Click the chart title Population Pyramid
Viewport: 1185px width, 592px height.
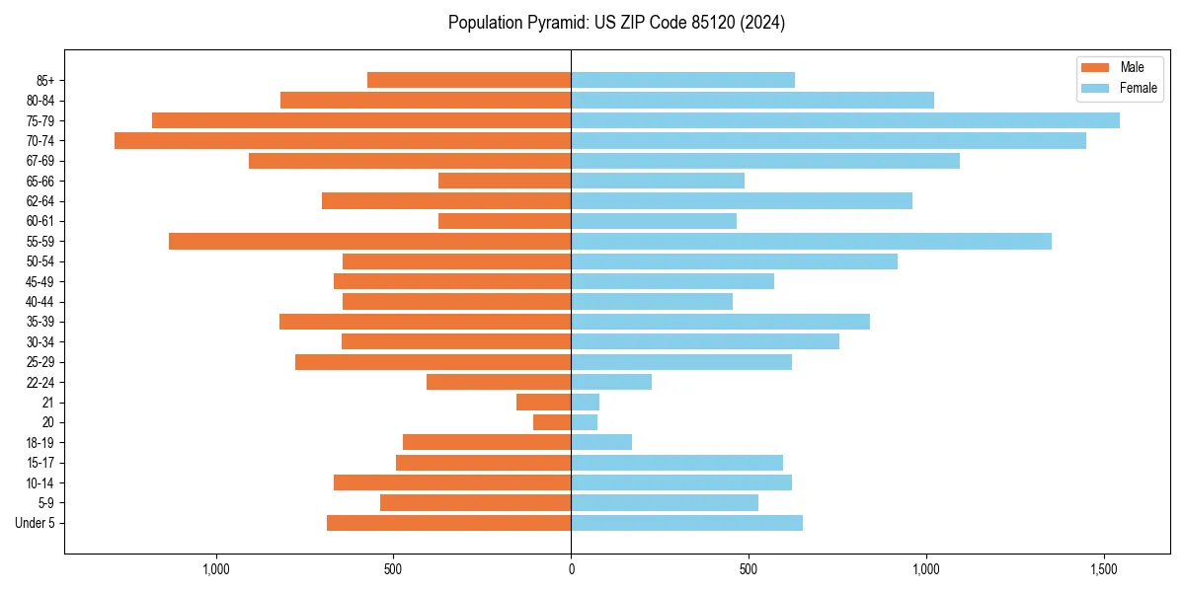click(616, 23)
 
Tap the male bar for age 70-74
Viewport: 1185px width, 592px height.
click(343, 141)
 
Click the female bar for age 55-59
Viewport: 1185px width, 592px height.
click(811, 242)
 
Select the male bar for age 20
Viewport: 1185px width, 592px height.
click(552, 422)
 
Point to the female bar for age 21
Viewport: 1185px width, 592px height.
click(586, 403)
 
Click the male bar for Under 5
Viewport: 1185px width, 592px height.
click(449, 523)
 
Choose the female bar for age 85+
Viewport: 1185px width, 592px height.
click(682, 80)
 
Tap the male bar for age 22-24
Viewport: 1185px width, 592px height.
click(499, 382)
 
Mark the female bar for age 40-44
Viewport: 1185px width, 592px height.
click(652, 302)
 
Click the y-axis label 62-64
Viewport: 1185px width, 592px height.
click(40, 201)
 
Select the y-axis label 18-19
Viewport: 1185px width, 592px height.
click(40, 443)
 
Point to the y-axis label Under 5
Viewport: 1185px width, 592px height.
click(36, 523)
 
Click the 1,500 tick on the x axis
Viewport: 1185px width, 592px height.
click(1104, 569)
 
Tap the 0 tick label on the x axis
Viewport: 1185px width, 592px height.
click(571, 569)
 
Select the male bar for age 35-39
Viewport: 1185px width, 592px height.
click(426, 322)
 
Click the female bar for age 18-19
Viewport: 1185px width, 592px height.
click(601, 443)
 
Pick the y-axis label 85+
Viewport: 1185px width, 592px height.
click(45, 80)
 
